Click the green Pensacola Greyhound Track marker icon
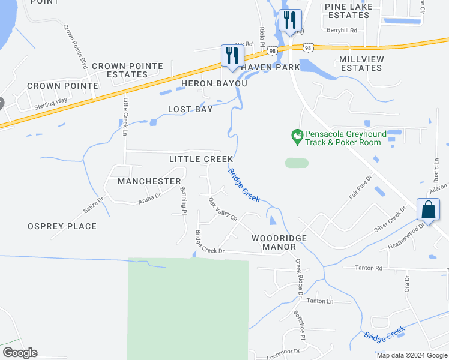click(x=296, y=137)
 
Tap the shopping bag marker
click(x=428, y=210)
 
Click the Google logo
click(x=20, y=353)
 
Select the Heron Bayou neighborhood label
click(x=214, y=83)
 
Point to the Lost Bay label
click(x=190, y=110)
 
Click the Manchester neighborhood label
click(x=149, y=181)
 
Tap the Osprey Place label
click(x=62, y=226)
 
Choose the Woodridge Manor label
click(x=279, y=243)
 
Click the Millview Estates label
click(x=360, y=64)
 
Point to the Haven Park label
click(x=270, y=67)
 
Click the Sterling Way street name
click(x=50, y=104)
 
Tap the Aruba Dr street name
click(x=150, y=196)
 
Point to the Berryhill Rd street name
click(x=342, y=30)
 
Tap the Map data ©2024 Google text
click(x=412, y=355)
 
